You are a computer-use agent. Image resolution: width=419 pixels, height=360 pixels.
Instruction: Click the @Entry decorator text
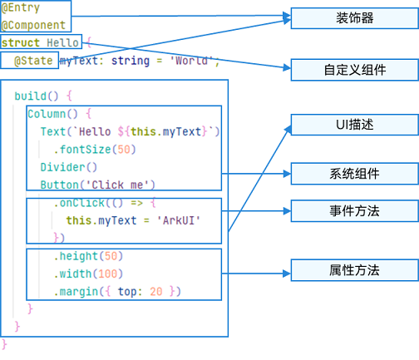(x=18, y=7)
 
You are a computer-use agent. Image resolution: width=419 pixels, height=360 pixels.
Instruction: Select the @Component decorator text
(x=32, y=25)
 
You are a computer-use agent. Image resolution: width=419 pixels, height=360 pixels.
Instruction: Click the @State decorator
(x=34, y=61)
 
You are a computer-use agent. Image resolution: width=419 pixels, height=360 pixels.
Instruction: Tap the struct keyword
(x=21, y=42)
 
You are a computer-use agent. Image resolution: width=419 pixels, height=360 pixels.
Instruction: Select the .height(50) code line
(x=88, y=256)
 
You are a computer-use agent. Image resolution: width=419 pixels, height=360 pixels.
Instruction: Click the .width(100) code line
(x=88, y=274)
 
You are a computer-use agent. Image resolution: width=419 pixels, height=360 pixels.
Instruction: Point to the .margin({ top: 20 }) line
(x=116, y=291)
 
